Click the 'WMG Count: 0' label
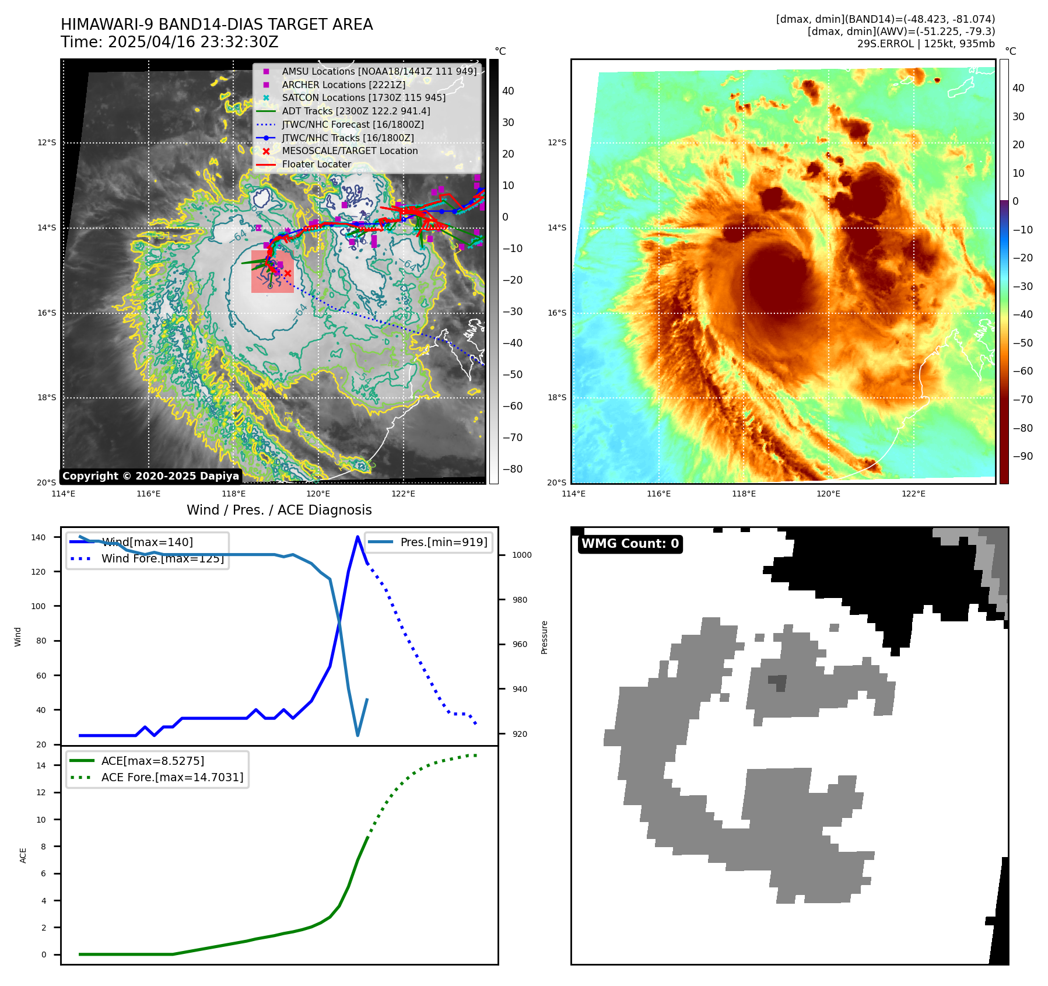pyautogui.click(x=630, y=544)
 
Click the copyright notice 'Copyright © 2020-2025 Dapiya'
pyautogui.click(x=150, y=476)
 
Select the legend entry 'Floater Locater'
pyautogui.click(x=317, y=165)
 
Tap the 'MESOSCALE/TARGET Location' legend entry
pyautogui.click(x=350, y=151)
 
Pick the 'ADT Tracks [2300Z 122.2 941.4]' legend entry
pyautogui.click(x=356, y=111)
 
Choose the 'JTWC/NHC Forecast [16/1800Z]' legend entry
pyautogui.click(x=353, y=124)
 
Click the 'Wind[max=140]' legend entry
pyautogui.click(x=147, y=542)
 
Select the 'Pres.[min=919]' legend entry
pyautogui.click(x=443, y=542)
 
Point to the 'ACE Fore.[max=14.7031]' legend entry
pyautogui.click(x=172, y=777)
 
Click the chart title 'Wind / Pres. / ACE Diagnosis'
pyautogui.click(x=279, y=510)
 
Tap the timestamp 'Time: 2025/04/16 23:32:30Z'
pyautogui.click(x=170, y=43)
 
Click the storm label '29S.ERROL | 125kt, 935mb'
pyautogui.click(x=926, y=44)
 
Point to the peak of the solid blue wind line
pyautogui.click(x=357, y=537)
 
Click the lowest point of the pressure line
pyautogui.click(x=357, y=736)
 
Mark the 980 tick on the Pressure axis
pyautogui.click(x=521, y=600)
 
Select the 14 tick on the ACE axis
pyautogui.click(x=42, y=765)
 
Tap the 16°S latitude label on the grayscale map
pyautogui.click(x=47, y=313)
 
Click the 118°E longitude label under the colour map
pyautogui.click(x=744, y=494)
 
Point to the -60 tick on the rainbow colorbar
pyautogui.click(x=1022, y=371)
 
